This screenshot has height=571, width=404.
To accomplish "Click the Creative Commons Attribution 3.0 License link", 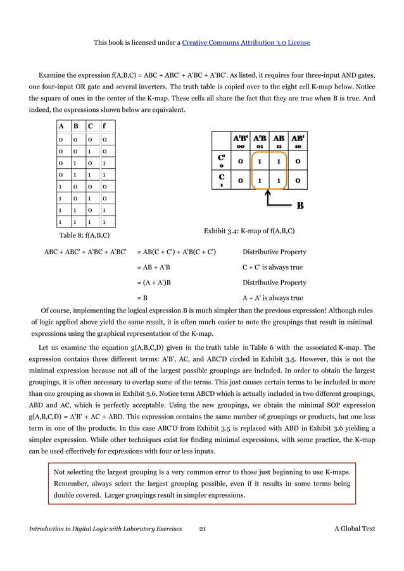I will (x=246, y=42).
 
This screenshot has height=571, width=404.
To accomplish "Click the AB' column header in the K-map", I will (x=298, y=140).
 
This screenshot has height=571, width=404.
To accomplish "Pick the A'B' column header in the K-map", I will (x=241, y=140).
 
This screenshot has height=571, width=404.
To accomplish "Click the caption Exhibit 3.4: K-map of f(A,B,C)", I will (x=249, y=230).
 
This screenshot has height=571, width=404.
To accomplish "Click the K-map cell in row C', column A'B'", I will (x=241, y=161).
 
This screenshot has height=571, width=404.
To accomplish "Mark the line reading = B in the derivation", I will (x=142, y=298).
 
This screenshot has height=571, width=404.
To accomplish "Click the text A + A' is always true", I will (x=273, y=298).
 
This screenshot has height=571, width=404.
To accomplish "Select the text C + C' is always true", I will (x=273, y=267).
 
